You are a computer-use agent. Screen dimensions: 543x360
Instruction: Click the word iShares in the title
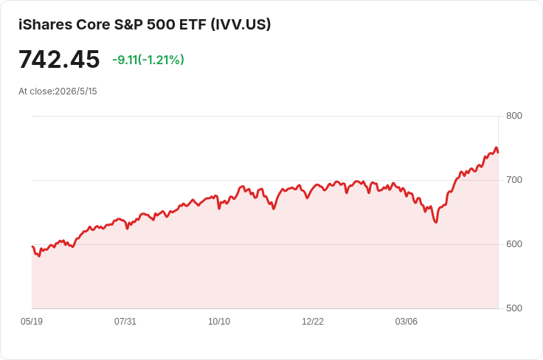45,24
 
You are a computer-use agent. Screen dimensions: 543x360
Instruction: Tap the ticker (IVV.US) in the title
241,24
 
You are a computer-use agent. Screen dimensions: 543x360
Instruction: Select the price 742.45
59,59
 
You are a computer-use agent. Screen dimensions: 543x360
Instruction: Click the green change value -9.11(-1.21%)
148,60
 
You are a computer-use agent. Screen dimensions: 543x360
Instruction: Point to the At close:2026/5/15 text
58,91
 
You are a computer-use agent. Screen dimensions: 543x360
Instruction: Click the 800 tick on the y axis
514,116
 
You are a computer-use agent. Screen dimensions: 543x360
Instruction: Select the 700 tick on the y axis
514,180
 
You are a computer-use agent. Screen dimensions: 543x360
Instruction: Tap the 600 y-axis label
514,244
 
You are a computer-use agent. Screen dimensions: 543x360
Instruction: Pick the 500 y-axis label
514,308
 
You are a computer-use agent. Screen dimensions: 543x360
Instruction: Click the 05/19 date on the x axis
32,322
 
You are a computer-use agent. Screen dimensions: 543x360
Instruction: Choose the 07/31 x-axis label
125,322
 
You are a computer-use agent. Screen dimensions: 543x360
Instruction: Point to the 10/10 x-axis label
219,322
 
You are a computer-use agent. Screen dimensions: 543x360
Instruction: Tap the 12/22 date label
313,322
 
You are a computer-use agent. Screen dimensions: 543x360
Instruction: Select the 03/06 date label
407,322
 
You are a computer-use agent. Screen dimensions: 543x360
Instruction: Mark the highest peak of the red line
497,148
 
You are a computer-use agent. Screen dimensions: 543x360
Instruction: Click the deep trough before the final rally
436,222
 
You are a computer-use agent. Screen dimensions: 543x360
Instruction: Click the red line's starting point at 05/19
32,246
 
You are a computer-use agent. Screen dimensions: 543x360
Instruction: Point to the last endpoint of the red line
498,152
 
